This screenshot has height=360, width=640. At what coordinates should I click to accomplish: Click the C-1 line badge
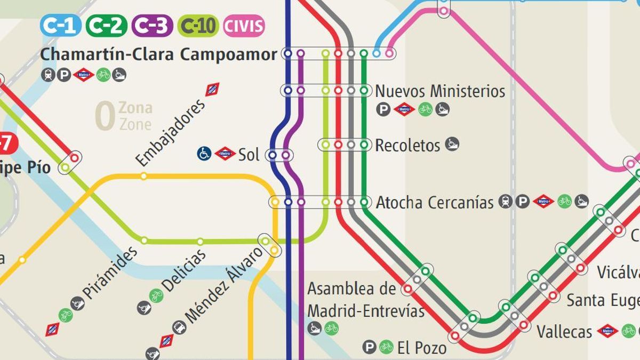coord(60,26)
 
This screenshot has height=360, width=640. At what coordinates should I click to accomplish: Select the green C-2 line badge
coord(106,26)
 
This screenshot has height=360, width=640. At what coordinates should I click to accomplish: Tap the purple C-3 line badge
coord(152,26)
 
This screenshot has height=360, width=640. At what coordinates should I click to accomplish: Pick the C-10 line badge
coord(198,26)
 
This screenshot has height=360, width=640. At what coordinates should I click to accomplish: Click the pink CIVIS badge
coord(244,26)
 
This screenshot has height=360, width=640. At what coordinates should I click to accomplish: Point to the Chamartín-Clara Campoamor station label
coord(159,54)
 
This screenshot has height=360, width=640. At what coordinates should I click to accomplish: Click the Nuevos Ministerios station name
coord(440,91)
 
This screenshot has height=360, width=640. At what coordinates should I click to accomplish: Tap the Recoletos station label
coord(407,145)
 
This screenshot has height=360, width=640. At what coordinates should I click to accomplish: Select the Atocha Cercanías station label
coord(435,203)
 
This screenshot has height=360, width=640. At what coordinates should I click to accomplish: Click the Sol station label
coord(249,155)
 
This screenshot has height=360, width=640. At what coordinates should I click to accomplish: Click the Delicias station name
coord(185,271)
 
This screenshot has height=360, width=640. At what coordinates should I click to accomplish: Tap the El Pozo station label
coord(422,349)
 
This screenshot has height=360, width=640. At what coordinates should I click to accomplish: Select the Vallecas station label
coord(564,332)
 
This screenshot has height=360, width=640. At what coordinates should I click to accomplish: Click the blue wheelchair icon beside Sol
coord(204,154)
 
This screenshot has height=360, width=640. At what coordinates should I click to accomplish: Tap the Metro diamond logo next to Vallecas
coord(607,331)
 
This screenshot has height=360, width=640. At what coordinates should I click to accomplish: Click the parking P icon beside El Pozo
coord(369,347)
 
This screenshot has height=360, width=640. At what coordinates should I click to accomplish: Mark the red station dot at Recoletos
coord(338,144)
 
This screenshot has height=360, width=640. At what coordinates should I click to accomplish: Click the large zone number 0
coord(105,116)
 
